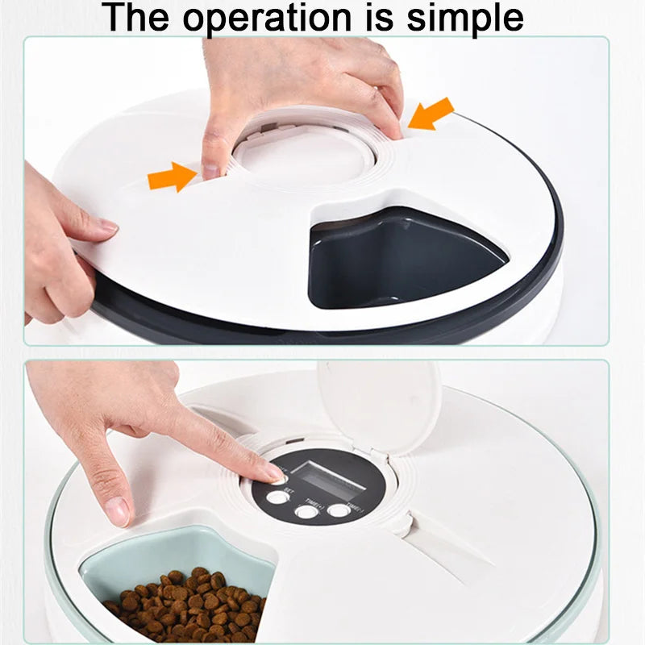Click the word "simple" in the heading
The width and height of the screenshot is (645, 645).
(x=463, y=18)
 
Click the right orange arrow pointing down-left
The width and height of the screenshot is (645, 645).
(x=431, y=114)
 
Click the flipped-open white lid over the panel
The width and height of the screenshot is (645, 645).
(x=379, y=403)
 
